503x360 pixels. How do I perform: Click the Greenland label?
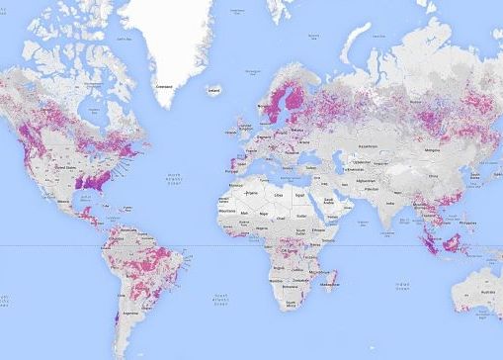pyautogui.click(x=165, y=86)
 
